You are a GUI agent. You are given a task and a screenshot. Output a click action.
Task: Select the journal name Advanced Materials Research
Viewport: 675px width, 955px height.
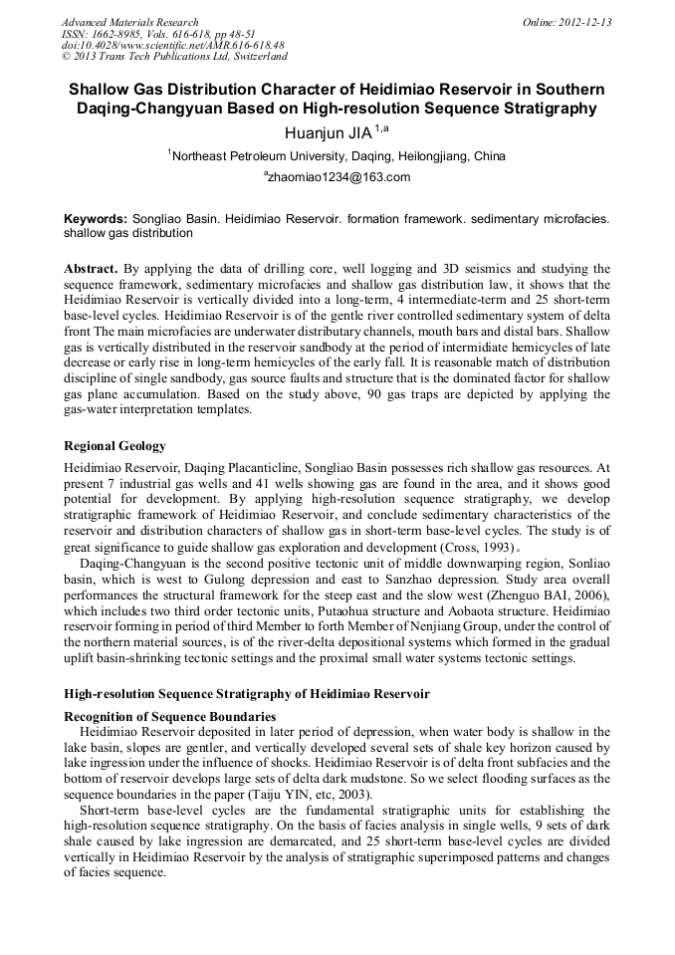click(x=130, y=22)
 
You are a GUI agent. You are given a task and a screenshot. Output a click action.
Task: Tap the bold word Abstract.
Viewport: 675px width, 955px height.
click(x=91, y=269)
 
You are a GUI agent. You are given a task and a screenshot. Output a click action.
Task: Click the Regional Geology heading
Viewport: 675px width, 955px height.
click(x=114, y=445)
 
